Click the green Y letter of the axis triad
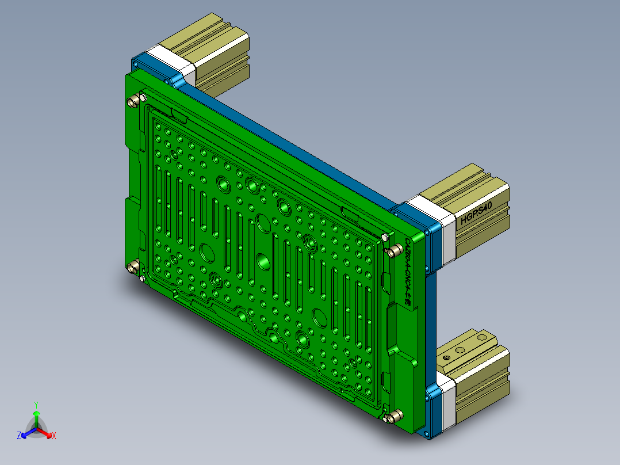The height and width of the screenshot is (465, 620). [36, 405]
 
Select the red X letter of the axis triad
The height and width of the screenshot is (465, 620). [54, 436]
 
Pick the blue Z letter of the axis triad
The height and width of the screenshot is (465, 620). [19, 436]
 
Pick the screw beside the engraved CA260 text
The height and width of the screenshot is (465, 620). [395, 250]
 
